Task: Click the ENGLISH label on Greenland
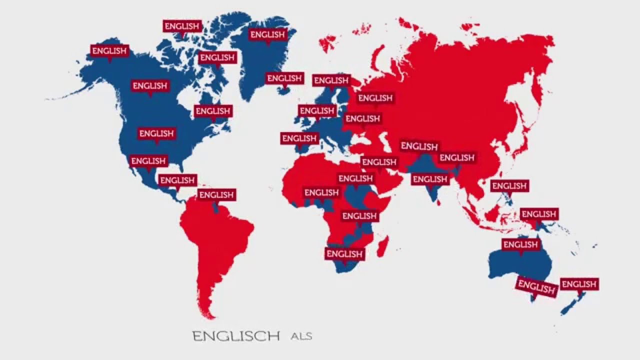[267, 35]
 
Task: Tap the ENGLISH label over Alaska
[109, 51]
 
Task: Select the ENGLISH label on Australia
[520, 245]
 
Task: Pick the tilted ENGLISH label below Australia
[536, 287]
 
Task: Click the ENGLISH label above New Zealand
[579, 284]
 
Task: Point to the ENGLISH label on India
[430, 179]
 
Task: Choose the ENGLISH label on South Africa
[344, 254]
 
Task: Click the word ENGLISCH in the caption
[236, 335]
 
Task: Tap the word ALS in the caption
[301, 336]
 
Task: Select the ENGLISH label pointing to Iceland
[284, 78]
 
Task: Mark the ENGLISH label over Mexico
[148, 161]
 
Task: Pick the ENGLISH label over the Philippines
[509, 186]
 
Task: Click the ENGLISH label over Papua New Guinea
[539, 214]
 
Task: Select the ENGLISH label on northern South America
[216, 195]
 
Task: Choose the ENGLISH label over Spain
[299, 138]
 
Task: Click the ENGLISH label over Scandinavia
[331, 80]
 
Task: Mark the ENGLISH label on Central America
[177, 180]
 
